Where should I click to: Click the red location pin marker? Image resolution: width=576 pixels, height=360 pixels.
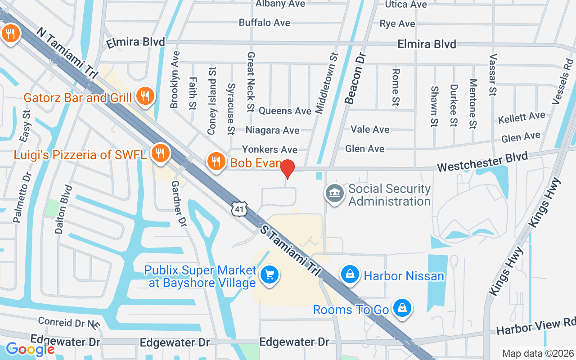tap(288, 169)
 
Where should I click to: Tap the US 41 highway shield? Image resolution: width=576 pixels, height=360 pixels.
tap(240, 208)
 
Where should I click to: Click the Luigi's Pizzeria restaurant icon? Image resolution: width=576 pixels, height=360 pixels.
tap(159, 153)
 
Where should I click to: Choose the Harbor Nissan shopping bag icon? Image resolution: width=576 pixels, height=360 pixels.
tap(350, 273)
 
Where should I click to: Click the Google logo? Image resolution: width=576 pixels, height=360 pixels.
tap(30, 349)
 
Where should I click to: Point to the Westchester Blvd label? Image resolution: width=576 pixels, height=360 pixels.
tap(482, 162)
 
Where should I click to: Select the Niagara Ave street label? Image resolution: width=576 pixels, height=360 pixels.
tap(272, 130)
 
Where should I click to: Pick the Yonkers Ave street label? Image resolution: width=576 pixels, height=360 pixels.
tap(270, 149)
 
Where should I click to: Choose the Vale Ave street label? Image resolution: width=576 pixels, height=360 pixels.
tap(370, 130)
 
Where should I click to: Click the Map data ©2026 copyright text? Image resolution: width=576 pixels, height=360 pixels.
tap(538, 353)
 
